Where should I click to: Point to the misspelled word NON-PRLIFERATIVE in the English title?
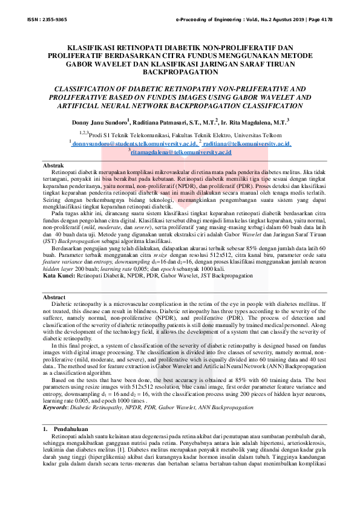(251, 88)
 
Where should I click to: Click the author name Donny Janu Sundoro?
(97, 121)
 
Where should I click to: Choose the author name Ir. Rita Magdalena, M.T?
(255, 121)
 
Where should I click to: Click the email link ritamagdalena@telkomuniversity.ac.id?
(181, 154)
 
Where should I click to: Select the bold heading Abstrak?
(54, 165)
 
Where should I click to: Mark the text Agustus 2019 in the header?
(274, 20)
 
